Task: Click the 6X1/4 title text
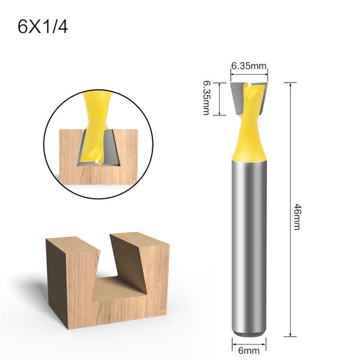coord(42,27)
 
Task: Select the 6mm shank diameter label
coord(249,350)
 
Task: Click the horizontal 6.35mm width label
coord(249,66)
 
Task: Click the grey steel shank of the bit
coord(249,246)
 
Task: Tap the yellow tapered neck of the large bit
coord(249,138)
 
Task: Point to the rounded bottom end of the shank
coord(249,333)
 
